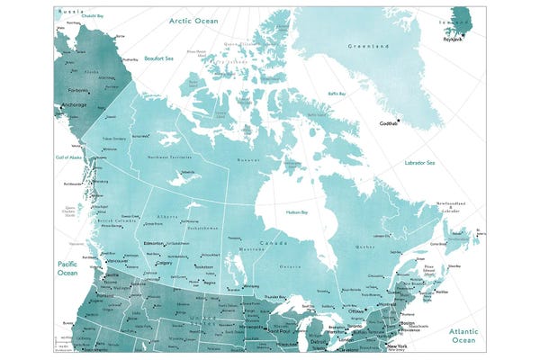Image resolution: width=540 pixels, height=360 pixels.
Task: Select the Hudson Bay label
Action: (299, 211)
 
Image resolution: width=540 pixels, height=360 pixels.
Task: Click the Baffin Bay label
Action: (337, 93)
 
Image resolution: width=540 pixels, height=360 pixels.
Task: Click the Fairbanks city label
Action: (74, 89)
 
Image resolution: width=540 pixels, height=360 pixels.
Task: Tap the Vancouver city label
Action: (121, 261)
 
